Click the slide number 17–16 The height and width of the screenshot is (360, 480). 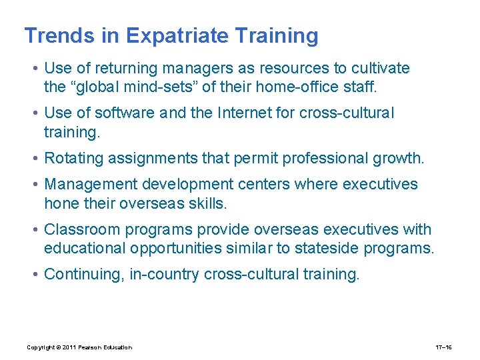coord(444,347)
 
